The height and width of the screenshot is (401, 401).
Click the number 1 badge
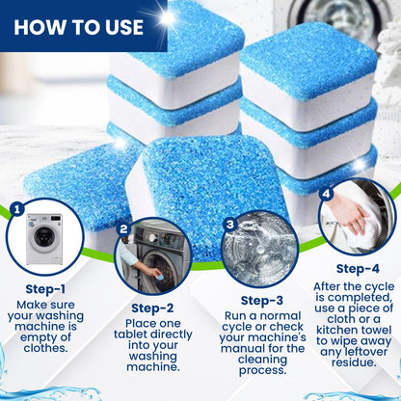click(x=16, y=207)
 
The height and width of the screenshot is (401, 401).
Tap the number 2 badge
click(x=123, y=229)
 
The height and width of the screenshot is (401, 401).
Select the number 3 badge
click(x=230, y=224)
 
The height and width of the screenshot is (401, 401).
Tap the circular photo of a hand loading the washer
click(x=152, y=255)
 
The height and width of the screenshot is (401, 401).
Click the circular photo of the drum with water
click(x=258, y=244)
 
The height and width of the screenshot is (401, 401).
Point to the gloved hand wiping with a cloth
click(x=357, y=217)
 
